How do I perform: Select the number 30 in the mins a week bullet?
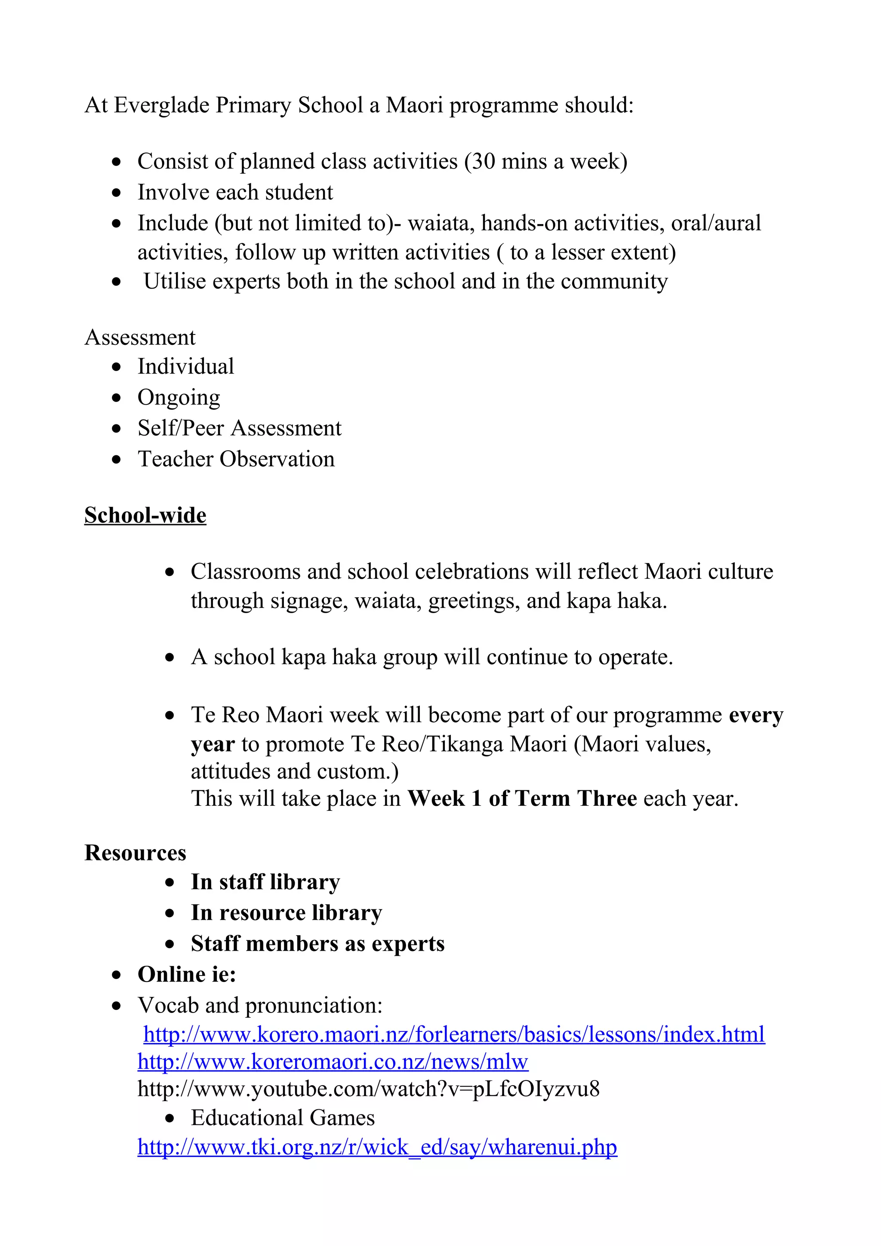point(482,161)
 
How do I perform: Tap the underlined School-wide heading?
point(145,515)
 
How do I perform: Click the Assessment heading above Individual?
point(140,337)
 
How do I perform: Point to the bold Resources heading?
point(135,853)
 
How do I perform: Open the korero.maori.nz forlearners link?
point(454,1034)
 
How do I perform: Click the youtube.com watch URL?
point(369,1089)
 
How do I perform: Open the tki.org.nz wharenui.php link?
point(377,1147)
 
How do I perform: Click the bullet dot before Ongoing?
point(116,398)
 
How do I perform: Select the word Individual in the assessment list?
point(186,366)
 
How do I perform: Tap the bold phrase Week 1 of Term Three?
point(522,798)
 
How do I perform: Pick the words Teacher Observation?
point(236,459)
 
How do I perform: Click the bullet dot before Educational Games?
point(170,1118)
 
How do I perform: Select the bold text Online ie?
point(187,974)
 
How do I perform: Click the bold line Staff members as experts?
point(317,944)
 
